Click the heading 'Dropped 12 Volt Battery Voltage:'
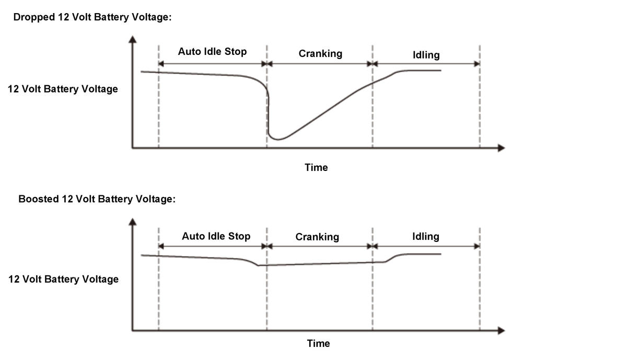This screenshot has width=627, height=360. pyautogui.click(x=92, y=17)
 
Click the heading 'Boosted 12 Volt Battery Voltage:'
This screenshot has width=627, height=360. pyautogui.click(x=97, y=199)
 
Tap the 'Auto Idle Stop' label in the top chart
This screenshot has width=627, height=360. pyautogui.click(x=212, y=51)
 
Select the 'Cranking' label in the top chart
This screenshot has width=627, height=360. pyautogui.click(x=320, y=53)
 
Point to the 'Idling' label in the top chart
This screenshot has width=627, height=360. pyautogui.click(x=426, y=54)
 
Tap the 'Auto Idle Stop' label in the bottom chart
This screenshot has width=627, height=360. pyautogui.click(x=216, y=236)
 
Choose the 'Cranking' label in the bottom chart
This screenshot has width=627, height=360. pyautogui.click(x=317, y=237)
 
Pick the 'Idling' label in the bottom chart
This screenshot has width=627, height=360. pyautogui.click(x=425, y=236)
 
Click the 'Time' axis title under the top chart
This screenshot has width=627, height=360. pyautogui.click(x=316, y=167)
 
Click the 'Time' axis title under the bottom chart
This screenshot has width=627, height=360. pyautogui.click(x=318, y=343)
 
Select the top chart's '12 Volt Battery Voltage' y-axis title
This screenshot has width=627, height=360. pyautogui.click(x=63, y=89)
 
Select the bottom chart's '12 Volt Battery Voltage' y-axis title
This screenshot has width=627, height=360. pyautogui.click(x=63, y=279)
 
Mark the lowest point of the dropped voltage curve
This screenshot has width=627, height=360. pyautogui.click(x=278, y=140)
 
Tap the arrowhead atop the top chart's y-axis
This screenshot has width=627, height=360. pyautogui.click(x=133, y=39)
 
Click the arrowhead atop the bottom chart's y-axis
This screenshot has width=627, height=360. pyautogui.click(x=133, y=222)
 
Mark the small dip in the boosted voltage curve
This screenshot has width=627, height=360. pyautogui.click(x=259, y=265)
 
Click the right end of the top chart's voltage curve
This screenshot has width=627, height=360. pyautogui.click(x=440, y=71)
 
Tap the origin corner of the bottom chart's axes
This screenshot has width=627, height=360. pyautogui.click(x=133, y=330)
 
